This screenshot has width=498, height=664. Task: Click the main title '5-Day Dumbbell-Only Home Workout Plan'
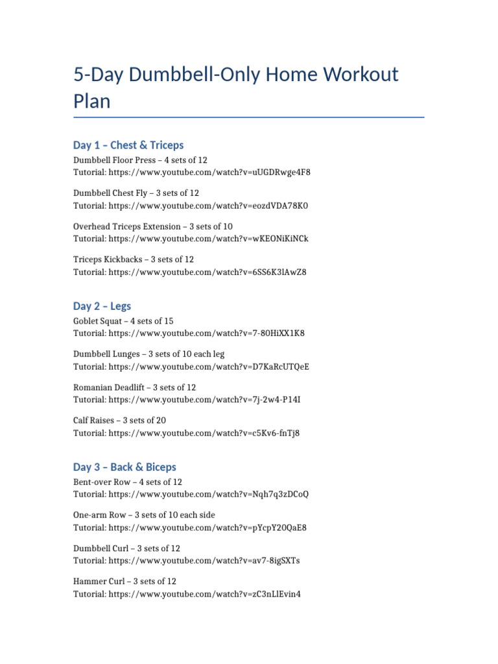pyautogui.click(x=235, y=88)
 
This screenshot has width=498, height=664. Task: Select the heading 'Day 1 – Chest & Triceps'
pyautogui.click(x=128, y=145)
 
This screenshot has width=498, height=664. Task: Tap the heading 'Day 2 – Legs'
pyautogui.click(x=102, y=306)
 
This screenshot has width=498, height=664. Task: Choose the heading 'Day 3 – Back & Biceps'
pyautogui.click(x=124, y=467)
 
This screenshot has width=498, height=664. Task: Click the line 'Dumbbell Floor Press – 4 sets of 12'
pyautogui.click(x=140, y=160)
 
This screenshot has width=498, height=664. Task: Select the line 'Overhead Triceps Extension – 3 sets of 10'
pyautogui.click(x=153, y=226)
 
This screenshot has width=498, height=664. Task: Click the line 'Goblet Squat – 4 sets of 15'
pyautogui.click(x=123, y=321)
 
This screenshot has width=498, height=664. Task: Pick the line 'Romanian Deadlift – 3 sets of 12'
pyautogui.click(x=135, y=387)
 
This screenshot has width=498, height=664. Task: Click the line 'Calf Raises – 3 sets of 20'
pyautogui.click(x=119, y=420)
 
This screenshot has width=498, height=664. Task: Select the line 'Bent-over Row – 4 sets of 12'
pyautogui.click(x=128, y=482)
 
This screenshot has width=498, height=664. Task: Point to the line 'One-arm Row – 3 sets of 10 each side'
pyautogui.click(x=144, y=515)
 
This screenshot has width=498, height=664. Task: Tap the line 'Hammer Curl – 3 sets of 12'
pyautogui.click(x=124, y=581)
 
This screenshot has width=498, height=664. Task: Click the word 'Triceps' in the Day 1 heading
pyautogui.click(x=165, y=145)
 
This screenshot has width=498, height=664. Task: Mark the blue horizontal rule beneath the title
pyautogui.click(x=249, y=117)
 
